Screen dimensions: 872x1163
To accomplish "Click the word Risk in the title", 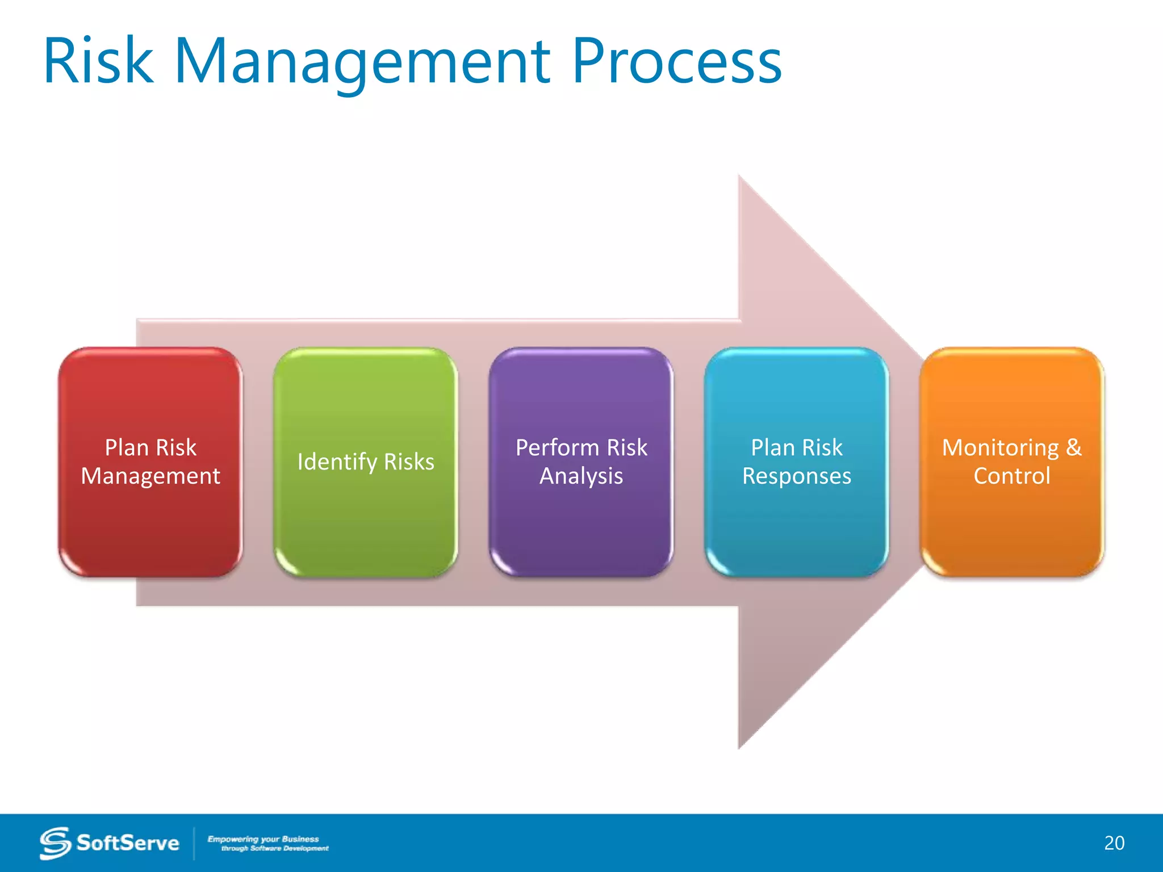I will [x=98, y=61].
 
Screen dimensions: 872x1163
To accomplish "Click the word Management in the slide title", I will [x=362, y=61].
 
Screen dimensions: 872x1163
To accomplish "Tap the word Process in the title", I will [x=676, y=61].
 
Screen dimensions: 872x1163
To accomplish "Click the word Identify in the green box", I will [x=337, y=462].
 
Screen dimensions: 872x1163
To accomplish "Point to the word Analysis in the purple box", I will [x=581, y=476].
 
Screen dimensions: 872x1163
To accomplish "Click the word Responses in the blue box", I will [x=796, y=476].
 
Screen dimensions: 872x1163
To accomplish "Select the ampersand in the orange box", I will [x=1073, y=447].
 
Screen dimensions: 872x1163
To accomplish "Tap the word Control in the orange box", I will [x=1011, y=476].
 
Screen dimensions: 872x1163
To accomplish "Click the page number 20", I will [x=1114, y=843].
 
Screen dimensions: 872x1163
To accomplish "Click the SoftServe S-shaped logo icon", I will [x=55, y=843].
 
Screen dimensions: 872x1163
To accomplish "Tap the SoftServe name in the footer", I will [x=128, y=843].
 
